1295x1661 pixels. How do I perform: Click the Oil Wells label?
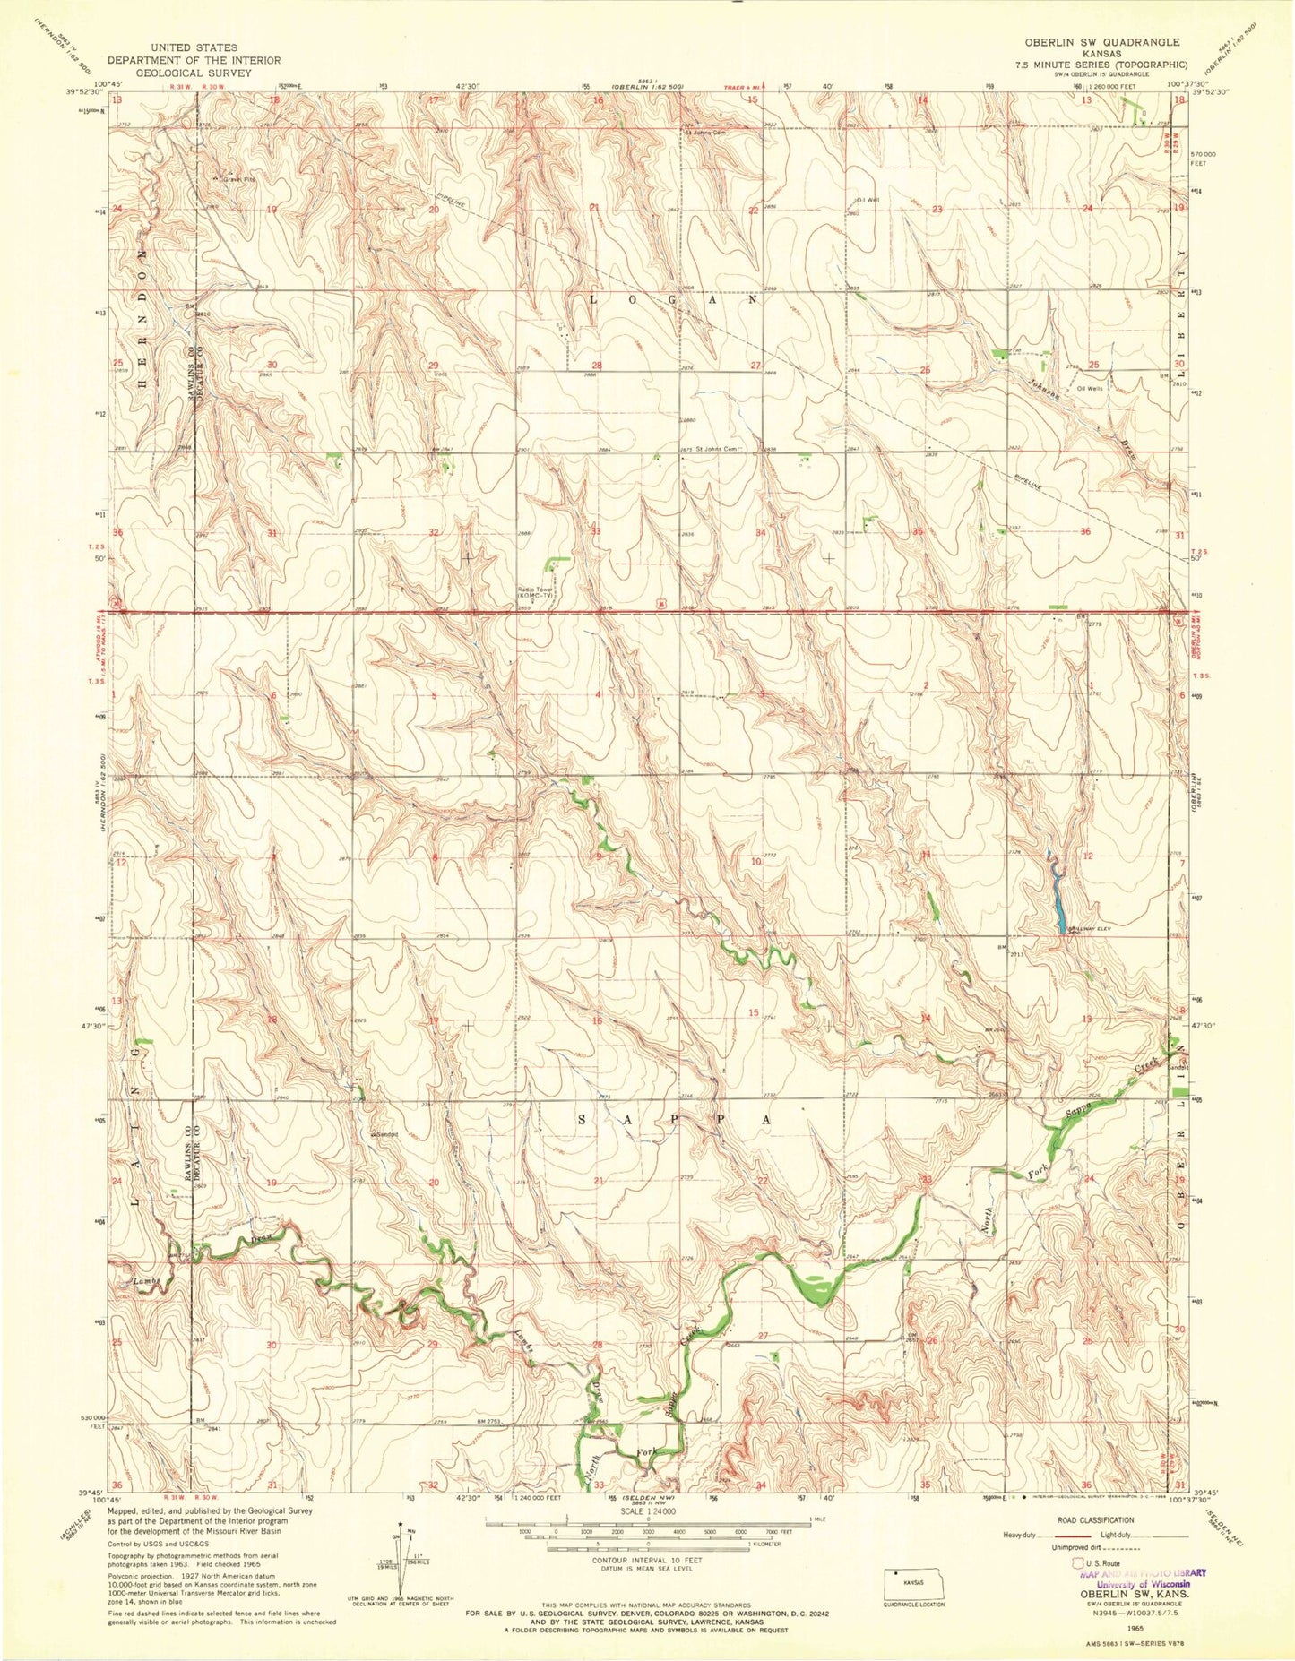pyautogui.click(x=1093, y=388)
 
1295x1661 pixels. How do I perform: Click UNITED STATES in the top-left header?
pyautogui.click(x=194, y=47)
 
